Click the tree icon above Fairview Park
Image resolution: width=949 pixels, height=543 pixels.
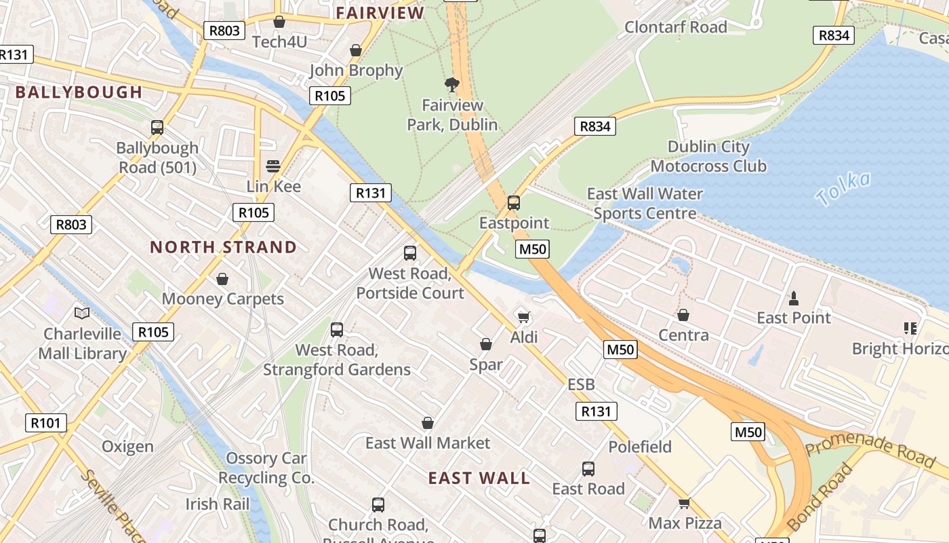451,85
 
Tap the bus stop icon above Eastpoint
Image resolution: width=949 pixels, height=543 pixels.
514,202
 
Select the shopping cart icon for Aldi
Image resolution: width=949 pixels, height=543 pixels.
523,317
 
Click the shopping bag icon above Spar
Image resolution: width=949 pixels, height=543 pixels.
486,345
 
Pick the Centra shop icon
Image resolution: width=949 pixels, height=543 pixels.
683,316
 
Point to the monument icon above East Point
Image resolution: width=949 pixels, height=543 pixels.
793,298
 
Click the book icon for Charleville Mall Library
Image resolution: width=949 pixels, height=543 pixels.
82,314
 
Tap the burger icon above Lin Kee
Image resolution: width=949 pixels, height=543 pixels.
273,166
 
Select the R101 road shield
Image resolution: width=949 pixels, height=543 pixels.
46,423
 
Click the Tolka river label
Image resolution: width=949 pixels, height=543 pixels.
843,189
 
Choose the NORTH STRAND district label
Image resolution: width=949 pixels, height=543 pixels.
223,247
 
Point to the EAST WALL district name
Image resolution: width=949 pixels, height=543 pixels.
479,478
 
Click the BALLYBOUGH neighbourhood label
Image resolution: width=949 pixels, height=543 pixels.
79,92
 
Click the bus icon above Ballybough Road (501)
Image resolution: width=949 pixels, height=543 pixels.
157,127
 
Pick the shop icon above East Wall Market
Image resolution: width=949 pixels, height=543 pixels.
428,424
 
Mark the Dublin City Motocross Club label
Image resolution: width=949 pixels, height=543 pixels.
708,156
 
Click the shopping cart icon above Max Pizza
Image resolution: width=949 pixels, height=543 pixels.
684,503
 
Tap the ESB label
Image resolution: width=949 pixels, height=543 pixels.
581,385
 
